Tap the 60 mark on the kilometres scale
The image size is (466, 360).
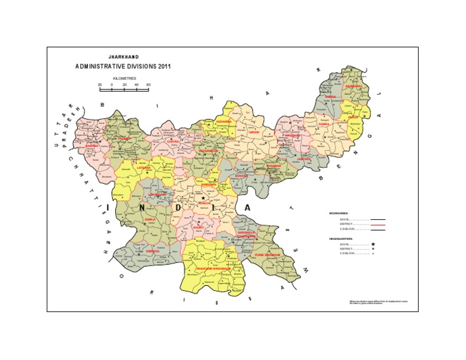pos(149,85)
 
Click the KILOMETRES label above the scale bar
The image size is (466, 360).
pos(124,79)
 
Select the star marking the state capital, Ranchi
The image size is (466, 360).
pos(203,199)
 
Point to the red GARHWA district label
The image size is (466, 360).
pos(92,146)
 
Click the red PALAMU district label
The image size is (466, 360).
pos(124,138)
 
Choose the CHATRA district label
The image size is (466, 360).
pos(173,141)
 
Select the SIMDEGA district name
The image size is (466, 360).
pos(153,251)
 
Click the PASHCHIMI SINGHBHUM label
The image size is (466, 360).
pos(209,268)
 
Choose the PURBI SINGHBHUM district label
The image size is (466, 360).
pos(267,255)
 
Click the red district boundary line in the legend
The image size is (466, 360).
pos(377,224)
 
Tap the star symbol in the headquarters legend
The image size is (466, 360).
pos(373,243)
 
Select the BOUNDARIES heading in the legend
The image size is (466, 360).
pos(339,213)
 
